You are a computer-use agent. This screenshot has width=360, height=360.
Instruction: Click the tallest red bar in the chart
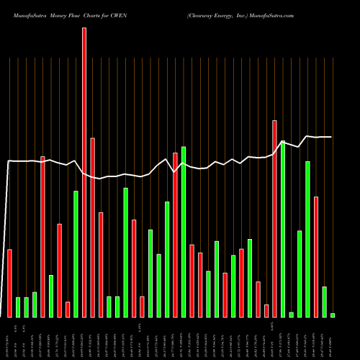[84, 173]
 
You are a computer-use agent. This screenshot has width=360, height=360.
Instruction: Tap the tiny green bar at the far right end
[333, 315]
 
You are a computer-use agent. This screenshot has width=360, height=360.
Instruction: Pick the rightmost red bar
[316, 256]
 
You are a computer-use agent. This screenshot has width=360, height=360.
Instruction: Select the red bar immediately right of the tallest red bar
[92, 227]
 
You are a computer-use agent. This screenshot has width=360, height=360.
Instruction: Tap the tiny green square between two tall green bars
[291, 314]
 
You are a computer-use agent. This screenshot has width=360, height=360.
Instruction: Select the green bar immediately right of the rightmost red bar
[324, 302]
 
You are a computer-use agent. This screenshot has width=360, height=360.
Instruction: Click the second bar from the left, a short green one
[18, 307]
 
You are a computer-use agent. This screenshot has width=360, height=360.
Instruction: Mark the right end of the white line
[331, 137]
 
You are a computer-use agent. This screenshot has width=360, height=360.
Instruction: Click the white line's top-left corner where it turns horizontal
[9, 161]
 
